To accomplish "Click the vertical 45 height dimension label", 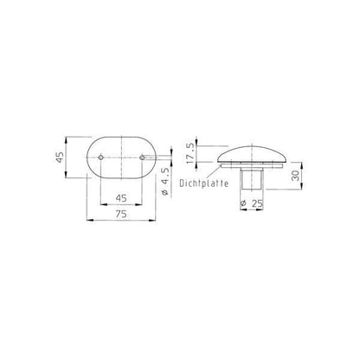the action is tap(60, 157).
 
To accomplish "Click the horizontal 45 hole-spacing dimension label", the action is tap(121, 198).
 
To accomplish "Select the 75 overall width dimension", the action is tap(121, 214).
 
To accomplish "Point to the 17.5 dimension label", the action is tap(191, 154).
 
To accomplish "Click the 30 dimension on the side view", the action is tap(295, 176).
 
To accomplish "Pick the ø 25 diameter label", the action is tap(252, 203).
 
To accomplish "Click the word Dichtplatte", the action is tap(204, 183).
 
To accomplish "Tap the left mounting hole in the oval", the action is tap(100, 157).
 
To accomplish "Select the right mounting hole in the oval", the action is tap(142, 157).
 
